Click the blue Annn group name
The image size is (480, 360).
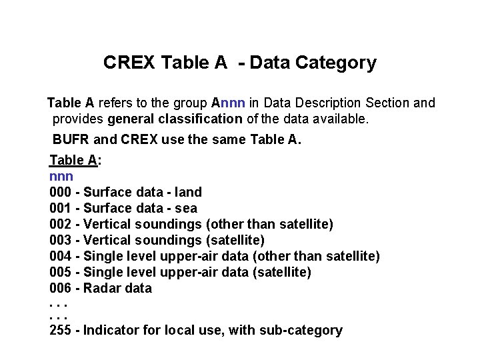click(x=229, y=103)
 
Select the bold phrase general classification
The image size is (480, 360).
click(x=175, y=119)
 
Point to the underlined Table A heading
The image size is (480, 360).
click(x=73, y=160)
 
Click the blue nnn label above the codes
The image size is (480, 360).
click(x=61, y=177)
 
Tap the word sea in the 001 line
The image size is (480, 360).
click(x=186, y=209)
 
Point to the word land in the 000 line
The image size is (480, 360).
click(x=187, y=193)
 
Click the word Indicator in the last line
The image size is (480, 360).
click(x=113, y=331)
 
